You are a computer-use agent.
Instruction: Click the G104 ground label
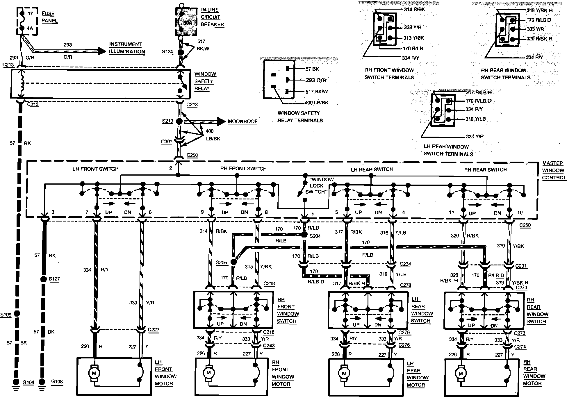[x=28, y=382]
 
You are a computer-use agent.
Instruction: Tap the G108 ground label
[x=57, y=381]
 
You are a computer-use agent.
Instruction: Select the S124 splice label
[x=167, y=52]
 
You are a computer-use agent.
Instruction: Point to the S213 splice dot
[x=179, y=121]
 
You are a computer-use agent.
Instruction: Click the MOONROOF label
[x=243, y=121]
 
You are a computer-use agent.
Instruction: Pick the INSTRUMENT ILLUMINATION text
[x=127, y=48]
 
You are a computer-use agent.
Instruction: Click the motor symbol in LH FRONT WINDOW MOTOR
[x=94, y=373]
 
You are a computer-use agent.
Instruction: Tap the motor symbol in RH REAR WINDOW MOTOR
[x=461, y=374]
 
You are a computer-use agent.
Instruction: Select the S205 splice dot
[x=233, y=262]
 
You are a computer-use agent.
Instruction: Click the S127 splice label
[x=54, y=279]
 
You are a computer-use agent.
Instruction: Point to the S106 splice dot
[x=17, y=314]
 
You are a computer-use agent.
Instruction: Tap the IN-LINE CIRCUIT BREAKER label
[x=212, y=17]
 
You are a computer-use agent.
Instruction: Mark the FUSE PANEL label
[x=49, y=17]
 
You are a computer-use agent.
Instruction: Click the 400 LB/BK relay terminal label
[x=316, y=103]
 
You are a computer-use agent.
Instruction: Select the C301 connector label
[x=167, y=142]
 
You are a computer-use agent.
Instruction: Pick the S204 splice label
[x=315, y=236]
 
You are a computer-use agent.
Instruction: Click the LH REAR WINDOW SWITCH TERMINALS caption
[x=448, y=150]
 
